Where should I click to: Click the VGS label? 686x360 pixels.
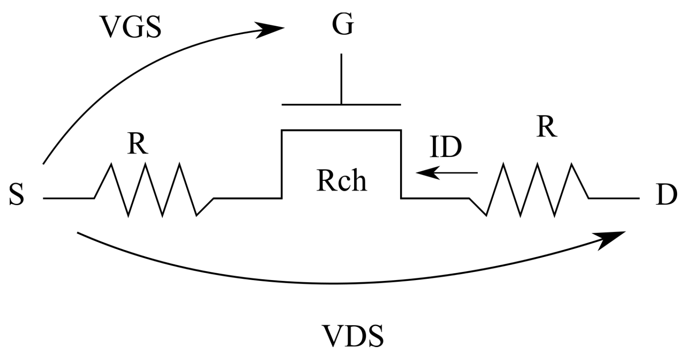pos(131,27)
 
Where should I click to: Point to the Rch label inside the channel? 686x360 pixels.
pos(342,180)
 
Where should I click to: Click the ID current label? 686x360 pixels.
pos(445,147)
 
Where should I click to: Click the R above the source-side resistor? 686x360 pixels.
pos(138,144)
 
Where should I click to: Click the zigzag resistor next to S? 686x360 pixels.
pos(153,190)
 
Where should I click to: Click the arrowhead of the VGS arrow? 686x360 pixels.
pos(271,30)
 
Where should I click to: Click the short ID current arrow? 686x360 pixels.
pos(446,173)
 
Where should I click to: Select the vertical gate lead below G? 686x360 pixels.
pos(342,79)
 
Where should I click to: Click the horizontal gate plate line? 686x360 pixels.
pos(342,105)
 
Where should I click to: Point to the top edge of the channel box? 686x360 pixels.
pos(342,130)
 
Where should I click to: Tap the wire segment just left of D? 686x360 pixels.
pos(614,198)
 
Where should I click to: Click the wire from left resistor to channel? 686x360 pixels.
pos(247,198)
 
